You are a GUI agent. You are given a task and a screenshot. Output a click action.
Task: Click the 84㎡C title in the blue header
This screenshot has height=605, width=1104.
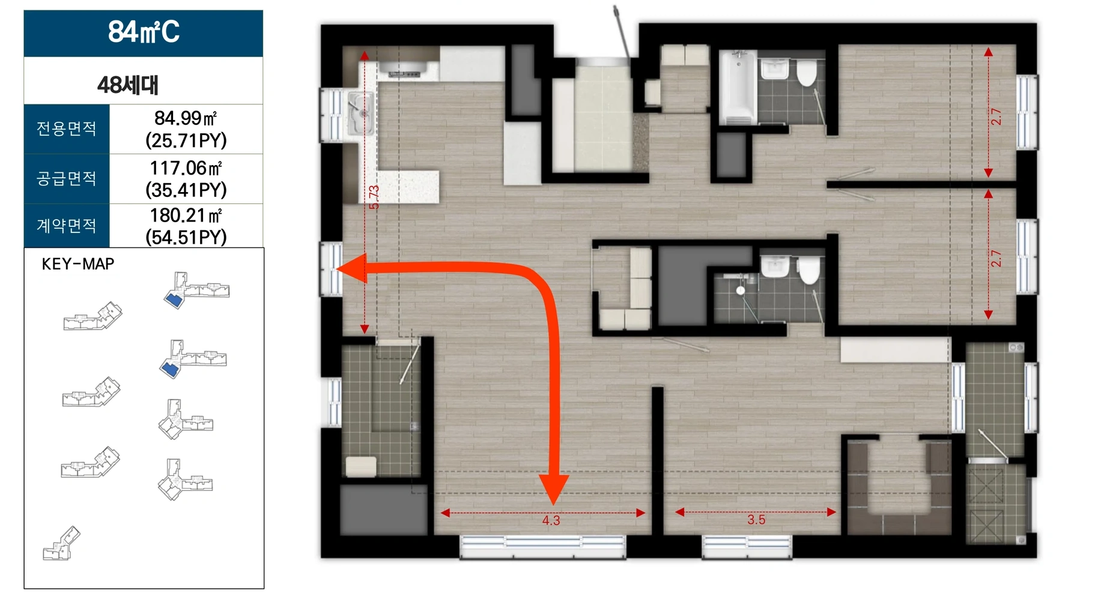point(144,32)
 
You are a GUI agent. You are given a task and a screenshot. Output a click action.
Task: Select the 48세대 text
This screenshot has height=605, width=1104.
point(128,85)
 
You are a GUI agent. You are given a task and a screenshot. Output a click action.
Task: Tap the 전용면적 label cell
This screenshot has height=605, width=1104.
point(67,129)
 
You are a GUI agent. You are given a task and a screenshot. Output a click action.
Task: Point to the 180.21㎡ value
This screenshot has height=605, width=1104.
point(186,215)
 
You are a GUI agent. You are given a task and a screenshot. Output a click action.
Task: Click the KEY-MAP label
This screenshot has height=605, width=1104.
point(78,264)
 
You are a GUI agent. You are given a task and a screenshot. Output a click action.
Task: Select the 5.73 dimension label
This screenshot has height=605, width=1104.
point(374,197)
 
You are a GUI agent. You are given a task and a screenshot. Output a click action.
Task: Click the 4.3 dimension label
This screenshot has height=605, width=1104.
point(551,520)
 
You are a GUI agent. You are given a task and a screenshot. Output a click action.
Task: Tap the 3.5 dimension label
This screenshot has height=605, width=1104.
point(756,520)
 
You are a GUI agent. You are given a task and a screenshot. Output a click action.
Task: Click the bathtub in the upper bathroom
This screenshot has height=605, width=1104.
point(738,88)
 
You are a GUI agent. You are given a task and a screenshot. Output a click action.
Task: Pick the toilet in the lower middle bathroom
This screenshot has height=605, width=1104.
point(808,270)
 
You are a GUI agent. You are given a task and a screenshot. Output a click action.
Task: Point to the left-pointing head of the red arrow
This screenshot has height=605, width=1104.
point(351,268)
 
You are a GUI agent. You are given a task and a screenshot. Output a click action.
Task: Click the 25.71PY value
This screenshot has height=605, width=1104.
point(186,140)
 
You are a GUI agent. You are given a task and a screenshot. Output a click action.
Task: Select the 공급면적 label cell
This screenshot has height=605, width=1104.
point(67,179)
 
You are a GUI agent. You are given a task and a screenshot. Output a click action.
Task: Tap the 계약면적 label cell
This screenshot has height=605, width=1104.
point(67,226)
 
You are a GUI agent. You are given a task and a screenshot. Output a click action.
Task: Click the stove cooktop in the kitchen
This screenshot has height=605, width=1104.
point(404,71)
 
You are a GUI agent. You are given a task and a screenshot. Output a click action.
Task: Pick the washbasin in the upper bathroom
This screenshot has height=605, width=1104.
point(775,68)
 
